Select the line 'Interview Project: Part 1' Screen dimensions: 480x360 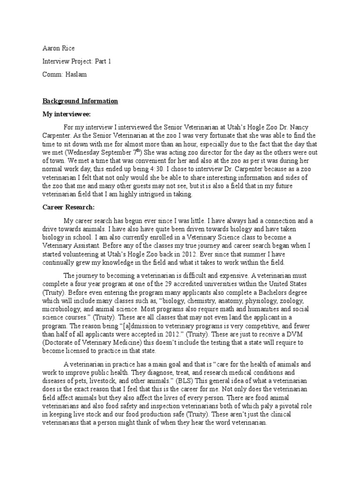click(x=77, y=61)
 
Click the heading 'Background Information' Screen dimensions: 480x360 click(x=80, y=101)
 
